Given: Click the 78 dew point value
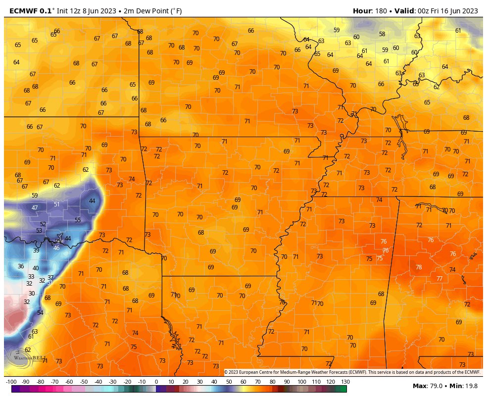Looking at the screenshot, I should click(x=419, y=267).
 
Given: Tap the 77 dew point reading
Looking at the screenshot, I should click(x=439, y=279).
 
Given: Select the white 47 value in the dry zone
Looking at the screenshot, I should click(x=35, y=208).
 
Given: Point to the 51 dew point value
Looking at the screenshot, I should click(x=57, y=204).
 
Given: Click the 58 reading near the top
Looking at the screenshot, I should click(x=382, y=34).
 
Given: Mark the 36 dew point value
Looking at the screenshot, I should click(x=21, y=266).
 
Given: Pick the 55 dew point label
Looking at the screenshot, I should click(x=78, y=220).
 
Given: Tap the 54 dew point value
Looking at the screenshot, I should click(x=40, y=313).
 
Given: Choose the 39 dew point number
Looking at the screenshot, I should click(x=36, y=250).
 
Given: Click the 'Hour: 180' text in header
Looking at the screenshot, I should click(x=371, y=11).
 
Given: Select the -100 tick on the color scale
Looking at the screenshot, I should click(x=11, y=382).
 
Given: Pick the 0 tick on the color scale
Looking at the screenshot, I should click(x=156, y=382).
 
